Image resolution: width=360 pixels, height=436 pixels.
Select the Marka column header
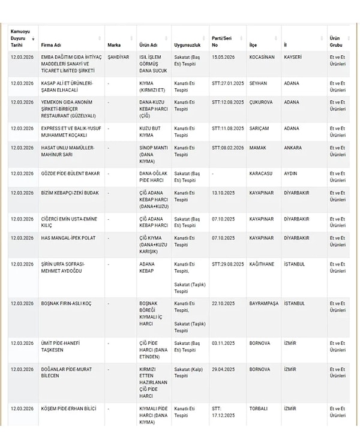114,45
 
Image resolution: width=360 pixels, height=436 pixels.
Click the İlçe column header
255,45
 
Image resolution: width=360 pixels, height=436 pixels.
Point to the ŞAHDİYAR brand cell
118,57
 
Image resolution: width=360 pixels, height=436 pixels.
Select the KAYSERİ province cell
294,57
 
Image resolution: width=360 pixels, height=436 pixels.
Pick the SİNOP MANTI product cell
151,151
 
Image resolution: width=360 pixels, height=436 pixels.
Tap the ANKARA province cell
293,148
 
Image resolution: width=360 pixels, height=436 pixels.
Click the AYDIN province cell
291,173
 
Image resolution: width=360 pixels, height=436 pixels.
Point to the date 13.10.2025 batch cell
222,193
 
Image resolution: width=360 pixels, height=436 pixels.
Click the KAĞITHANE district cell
262,264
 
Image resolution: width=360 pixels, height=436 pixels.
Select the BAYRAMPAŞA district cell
264,303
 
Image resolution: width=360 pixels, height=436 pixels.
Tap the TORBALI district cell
260,408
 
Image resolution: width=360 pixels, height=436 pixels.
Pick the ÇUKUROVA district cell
261,102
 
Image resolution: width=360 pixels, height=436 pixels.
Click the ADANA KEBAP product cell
148,267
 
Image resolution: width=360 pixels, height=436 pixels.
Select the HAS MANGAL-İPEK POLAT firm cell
65,238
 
